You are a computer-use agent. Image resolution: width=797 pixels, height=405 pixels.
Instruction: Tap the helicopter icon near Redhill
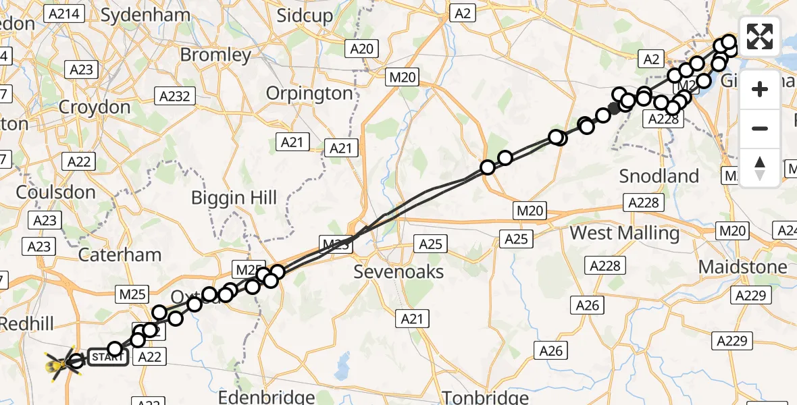(x=60, y=365)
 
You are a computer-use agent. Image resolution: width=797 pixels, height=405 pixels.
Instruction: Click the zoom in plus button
(x=760, y=89)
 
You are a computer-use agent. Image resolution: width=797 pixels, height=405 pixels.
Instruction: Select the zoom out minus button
(x=760, y=128)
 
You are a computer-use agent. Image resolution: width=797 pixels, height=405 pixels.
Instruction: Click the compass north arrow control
(x=760, y=167)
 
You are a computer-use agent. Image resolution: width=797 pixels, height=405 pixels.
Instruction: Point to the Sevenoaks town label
(x=399, y=271)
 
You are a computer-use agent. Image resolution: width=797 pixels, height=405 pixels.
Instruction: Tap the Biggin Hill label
(x=234, y=198)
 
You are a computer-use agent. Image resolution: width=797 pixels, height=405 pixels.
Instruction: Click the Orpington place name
(x=309, y=93)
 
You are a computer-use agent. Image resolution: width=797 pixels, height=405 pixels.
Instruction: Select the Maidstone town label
(x=742, y=267)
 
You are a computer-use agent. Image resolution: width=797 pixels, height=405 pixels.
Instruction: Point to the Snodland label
(x=659, y=176)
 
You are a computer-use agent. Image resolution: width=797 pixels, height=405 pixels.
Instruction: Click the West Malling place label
(x=625, y=233)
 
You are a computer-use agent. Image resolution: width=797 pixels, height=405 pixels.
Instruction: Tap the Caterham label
(x=120, y=254)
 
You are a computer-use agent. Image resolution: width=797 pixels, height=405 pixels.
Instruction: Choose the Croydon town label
(x=95, y=107)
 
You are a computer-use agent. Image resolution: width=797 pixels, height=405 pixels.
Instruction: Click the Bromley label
(x=216, y=54)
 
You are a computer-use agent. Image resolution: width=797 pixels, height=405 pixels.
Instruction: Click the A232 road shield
(x=175, y=96)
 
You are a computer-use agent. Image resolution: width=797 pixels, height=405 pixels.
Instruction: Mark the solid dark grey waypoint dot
(x=613, y=109)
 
